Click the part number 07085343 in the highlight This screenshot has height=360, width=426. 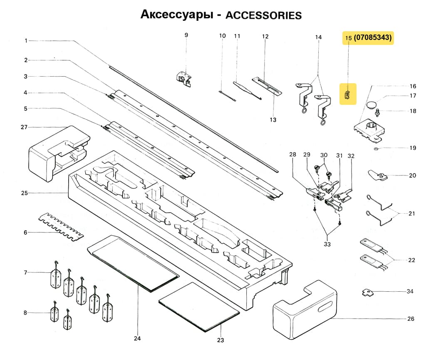(x=373, y=38)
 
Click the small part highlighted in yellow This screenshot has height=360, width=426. (x=348, y=93)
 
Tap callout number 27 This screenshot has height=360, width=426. (x=24, y=127)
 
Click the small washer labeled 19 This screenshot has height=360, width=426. (x=376, y=148)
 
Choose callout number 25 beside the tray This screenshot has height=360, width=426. (x=24, y=193)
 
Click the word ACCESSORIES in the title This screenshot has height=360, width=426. (x=263, y=15)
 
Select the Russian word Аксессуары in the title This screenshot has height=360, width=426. (x=175, y=15)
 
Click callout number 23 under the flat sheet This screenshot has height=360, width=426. (x=220, y=340)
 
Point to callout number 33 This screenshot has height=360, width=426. (x=327, y=244)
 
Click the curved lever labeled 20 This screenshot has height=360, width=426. (x=377, y=176)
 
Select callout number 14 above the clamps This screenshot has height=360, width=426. (x=318, y=37)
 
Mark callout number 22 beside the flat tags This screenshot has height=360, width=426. (x=411, y=260)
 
